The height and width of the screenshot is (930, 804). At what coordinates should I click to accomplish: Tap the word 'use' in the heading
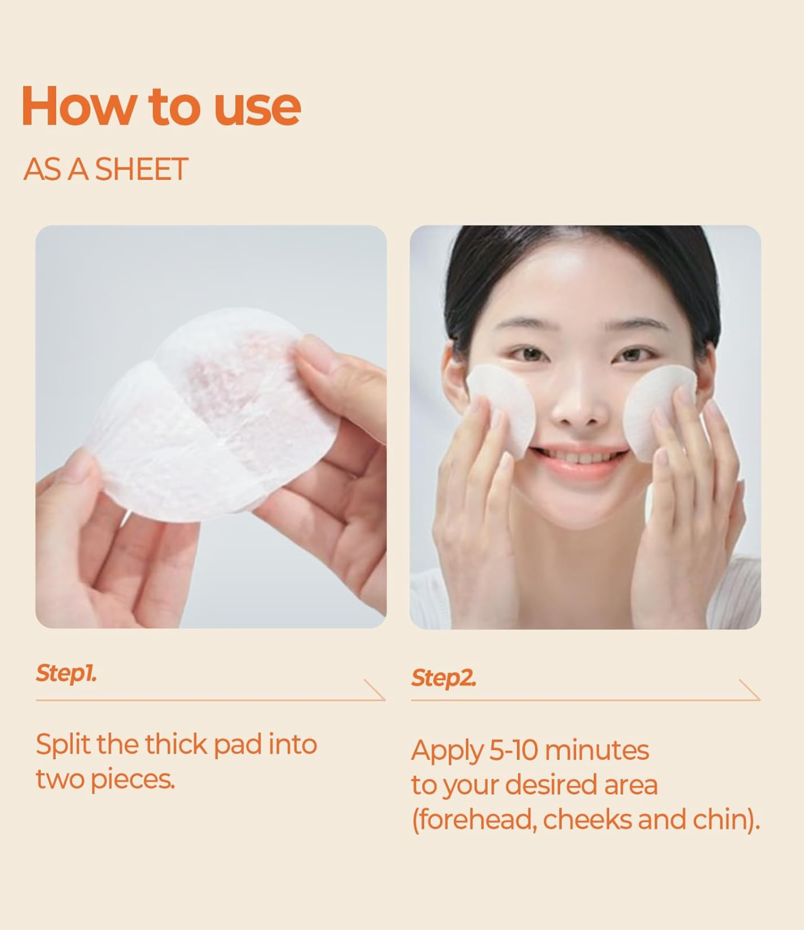pyautogui.click(x=257, y=108)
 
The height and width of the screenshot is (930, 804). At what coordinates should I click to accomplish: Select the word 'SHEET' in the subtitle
pyautogui.click(x=141, y=169)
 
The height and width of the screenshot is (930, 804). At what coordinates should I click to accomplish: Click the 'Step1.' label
pyautogui.click(x=66, y=673)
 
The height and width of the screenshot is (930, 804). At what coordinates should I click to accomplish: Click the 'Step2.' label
pyautogui.click(x=443, y=678)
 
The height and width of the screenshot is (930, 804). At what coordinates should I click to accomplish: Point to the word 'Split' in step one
pyautogui.click(x=63, y=745)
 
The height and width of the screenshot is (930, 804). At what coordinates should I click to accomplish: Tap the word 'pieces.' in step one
pyautogui.click(x=133, y=780)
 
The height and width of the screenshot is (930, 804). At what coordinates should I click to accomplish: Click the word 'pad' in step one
pyautogui.click(x=237, y=745)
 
